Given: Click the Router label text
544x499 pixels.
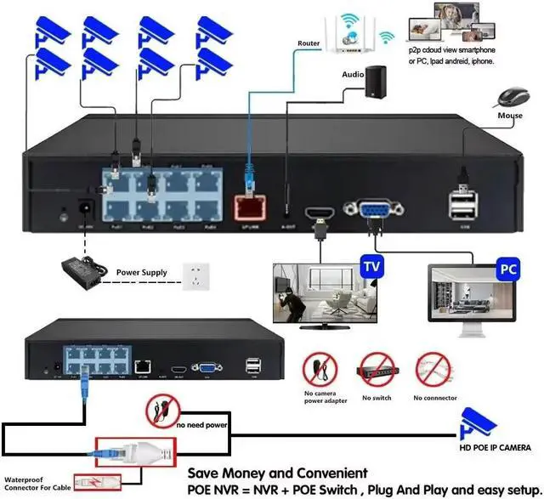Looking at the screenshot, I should click(309, 43).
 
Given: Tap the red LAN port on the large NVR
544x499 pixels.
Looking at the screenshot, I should click(246, 204).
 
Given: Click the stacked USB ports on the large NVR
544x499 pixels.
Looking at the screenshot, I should click(463, 207).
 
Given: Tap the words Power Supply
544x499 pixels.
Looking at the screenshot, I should click(143, 273).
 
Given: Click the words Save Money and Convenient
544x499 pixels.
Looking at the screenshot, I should click(277, 472).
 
